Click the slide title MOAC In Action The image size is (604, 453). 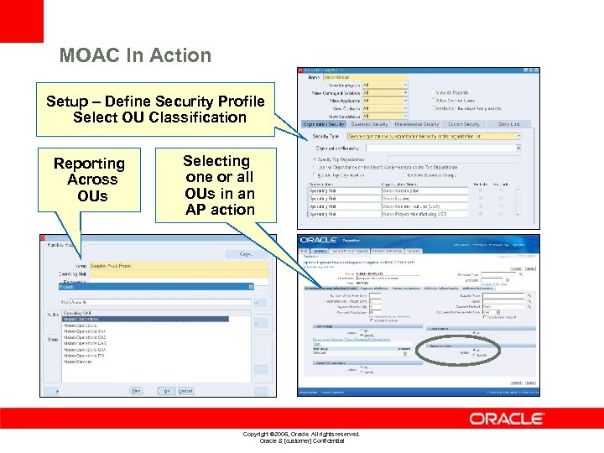click(x=135, y=56)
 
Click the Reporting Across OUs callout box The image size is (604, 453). click(x=90, y=180)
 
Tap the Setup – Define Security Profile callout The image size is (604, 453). click(x=155, y=109)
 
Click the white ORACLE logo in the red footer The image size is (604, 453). click(x=506, y=418)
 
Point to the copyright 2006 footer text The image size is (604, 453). click(x=300, y=434)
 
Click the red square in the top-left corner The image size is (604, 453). click(x=21, y=20)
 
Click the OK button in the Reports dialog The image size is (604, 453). click(x=166, y=390)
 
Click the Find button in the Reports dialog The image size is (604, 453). click(x=135, y=390)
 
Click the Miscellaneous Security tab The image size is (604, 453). click(x=416, y=124)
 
